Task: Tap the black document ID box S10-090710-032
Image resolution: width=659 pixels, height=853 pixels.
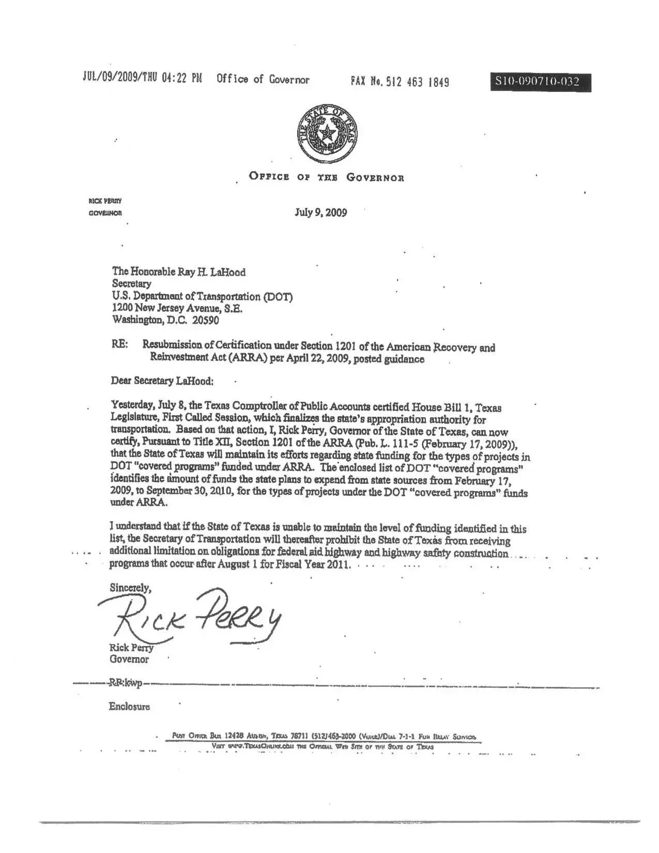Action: click(540, 82)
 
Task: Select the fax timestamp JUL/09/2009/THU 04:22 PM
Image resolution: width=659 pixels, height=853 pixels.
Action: click(142, 79)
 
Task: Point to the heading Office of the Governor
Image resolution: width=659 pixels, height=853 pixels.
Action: click(326, 177)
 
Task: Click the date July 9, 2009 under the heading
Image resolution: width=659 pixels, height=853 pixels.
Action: click(320, 212)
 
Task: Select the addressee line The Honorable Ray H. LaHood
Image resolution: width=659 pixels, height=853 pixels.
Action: click(179, 272)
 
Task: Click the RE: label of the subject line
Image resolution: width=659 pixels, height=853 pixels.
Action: click(119, 344)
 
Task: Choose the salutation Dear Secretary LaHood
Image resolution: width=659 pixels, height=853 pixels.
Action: click(162, 381)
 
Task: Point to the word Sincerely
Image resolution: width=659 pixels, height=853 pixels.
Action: click(130, 588)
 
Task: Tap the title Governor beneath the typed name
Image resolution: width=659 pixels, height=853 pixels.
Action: click(129, 659)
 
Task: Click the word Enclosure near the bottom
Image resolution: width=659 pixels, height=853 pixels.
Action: click(129, 706)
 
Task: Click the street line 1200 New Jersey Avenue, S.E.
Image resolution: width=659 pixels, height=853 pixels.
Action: click(177, 308)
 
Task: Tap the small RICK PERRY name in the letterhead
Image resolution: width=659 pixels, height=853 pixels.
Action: click(105, 201)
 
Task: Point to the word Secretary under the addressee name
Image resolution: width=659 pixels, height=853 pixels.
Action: click(132, 284)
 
